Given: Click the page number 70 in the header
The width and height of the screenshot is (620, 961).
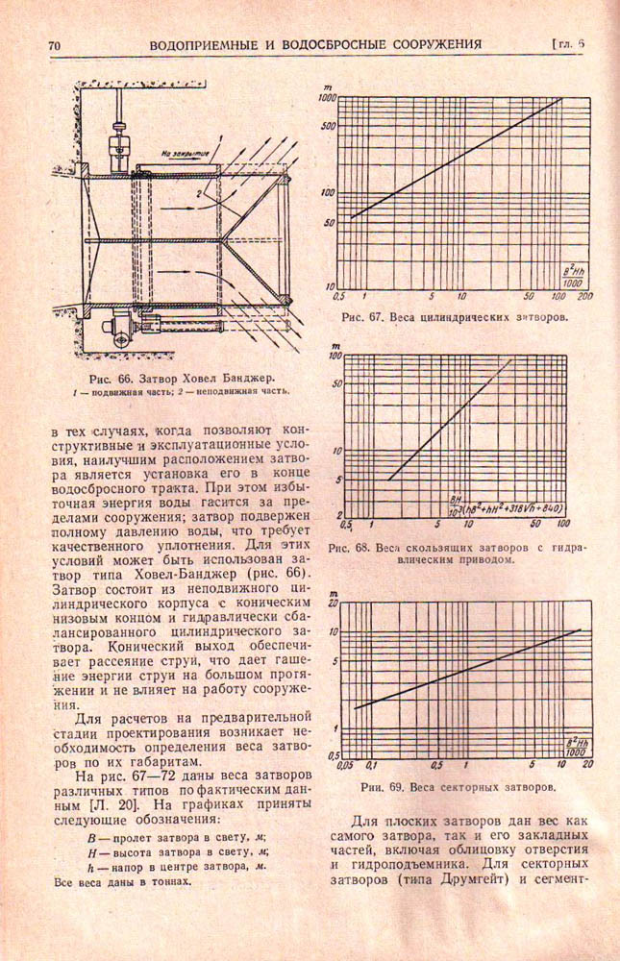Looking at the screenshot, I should pyautogui.click(x=54, y=44).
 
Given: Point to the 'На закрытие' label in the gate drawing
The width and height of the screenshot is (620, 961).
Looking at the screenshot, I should pyautogui.click(x=179, y=151).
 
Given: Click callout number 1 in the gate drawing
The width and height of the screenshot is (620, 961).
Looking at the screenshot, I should pyautogui.click(x=222, y=140).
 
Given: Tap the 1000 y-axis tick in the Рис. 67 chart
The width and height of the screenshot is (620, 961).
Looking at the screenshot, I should pyautogui.click(x=326, y=99).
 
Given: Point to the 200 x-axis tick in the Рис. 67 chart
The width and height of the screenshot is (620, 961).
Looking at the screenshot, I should pyautogui.click(x=584, y=295).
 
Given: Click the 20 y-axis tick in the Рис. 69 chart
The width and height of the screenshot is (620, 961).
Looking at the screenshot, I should pyautogui.click(x=334, y=603).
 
